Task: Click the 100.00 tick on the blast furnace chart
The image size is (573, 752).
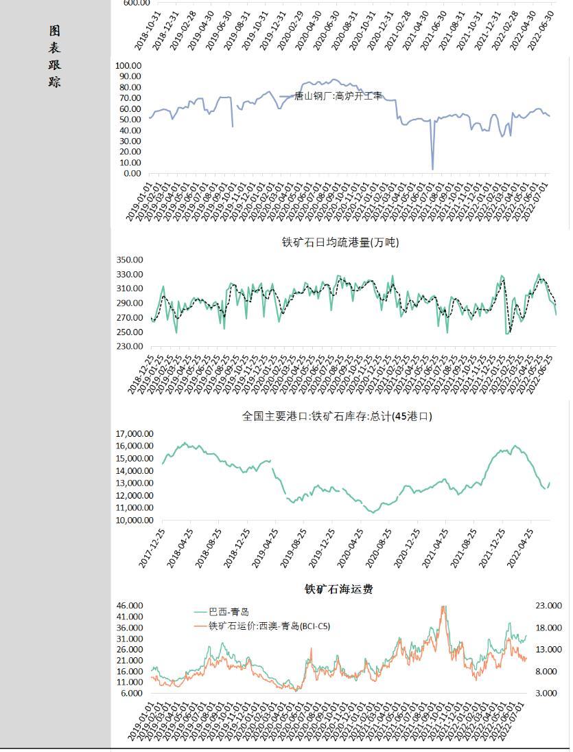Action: (x=128, y=65)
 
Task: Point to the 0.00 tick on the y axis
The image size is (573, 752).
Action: (x=131, y=173)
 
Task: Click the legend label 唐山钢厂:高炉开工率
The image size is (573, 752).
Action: (x=338, y=97)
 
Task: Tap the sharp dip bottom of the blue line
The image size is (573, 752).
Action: (x=432, y=168)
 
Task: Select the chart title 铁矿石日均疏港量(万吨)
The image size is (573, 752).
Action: (x=340, y=242)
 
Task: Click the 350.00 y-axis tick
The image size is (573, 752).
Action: (x=128, y=260)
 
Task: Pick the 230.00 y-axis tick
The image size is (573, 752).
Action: (x=128, y=346)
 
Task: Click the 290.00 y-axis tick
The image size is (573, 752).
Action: (x=128, y=303)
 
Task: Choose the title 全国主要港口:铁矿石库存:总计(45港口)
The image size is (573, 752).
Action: (x=337, y=416)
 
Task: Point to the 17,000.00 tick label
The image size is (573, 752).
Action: (x=134, y=433)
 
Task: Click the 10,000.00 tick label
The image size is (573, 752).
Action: (x=134, y=520)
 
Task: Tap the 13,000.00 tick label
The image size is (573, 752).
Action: (x=134, y=483)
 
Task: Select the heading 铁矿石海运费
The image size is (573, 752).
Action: (x=339, y=589)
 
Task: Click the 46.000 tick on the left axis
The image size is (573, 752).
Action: (x=130, y=606)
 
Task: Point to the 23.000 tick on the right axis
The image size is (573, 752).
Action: (x=548, y=606)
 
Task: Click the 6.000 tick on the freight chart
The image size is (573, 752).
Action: (x=132, y=693)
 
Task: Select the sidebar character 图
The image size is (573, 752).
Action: (x=54, y=31)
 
